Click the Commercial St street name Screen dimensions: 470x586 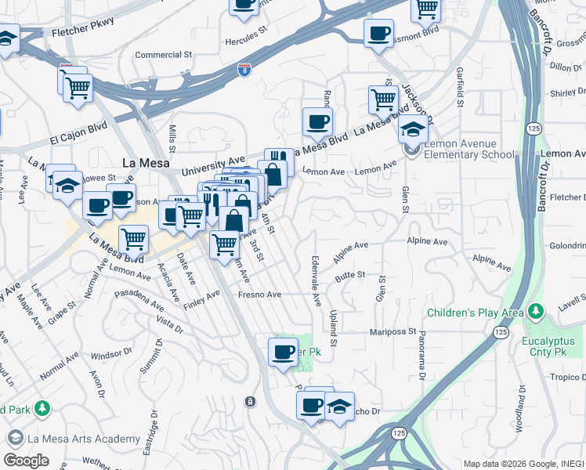tap(164, 55)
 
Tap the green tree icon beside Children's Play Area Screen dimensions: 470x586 tap(536, 313)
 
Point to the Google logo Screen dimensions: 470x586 tap(26, 460)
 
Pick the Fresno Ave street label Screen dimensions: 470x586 tap(260, 295)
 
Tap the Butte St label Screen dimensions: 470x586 tap(350, 275)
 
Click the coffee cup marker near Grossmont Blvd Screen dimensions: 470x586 tap(379, 34)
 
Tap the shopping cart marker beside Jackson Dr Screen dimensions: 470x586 tap(383, 99)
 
